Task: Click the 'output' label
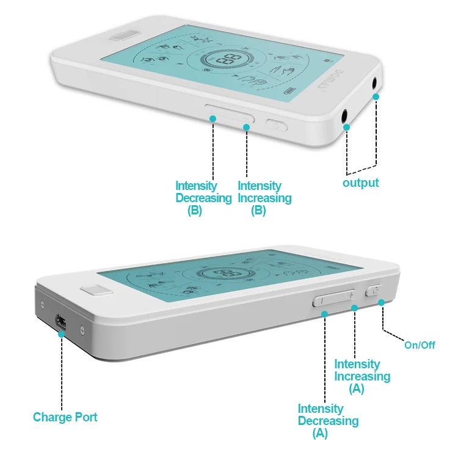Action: [x=360, y=183]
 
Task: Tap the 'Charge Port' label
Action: [x=65, y=418]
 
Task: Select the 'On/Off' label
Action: [x=420, y=345]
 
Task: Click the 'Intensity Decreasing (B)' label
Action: [x=203, y=198]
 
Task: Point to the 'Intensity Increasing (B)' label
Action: [x=264, y=198]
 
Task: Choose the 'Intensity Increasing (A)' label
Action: [x=362, y=376]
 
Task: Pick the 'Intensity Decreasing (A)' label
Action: [x=328, y=421]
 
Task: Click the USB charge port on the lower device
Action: [x=61, y=321]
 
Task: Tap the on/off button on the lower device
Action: [x=373, y=291]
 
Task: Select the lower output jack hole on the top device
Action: [x=346, y=114]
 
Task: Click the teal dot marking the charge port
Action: [x=62, y=333]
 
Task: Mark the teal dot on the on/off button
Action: [x=382, y=302]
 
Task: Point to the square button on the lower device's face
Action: [x=94, y=288]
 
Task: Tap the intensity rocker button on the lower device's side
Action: [x=333, y=299]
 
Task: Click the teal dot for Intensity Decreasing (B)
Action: [x=213, y=118]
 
